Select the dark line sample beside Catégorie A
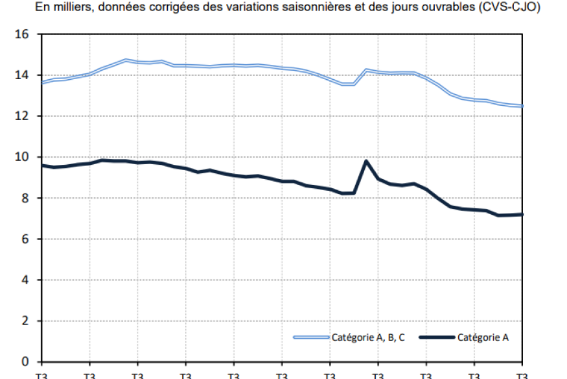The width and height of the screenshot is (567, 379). tap(436, 337)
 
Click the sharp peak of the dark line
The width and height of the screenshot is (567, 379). tap(367, 161)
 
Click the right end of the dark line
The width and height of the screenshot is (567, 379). tap(522, 214)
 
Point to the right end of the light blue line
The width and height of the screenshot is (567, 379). tap(522, 106)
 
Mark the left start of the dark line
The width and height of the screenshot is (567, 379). tap(41, 165)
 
